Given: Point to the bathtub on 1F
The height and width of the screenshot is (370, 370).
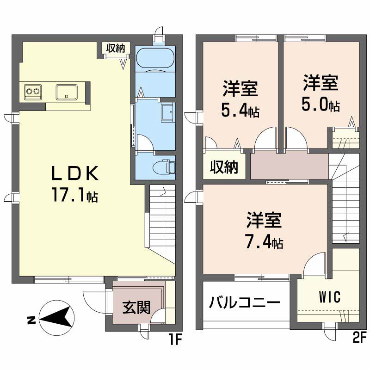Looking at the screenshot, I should tap(155, 59).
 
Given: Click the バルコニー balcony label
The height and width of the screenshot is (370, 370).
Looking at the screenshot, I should tap(244, 303).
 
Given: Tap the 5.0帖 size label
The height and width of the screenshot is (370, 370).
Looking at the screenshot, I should tap(321, 105).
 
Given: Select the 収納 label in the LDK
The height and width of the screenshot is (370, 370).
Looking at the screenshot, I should tap(115, 47).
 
